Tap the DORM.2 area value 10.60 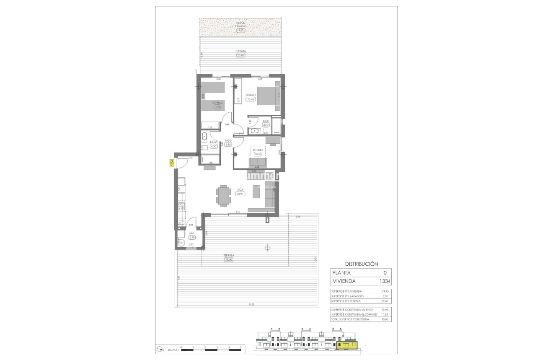(217, 107)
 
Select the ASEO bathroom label (266, 120)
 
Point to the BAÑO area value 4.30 (214, 146)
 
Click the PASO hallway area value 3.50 (228, 145)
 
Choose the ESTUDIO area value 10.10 (258, 154)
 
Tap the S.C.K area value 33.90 (240, 194)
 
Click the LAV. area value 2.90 (192, 237)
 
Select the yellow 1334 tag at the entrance (171, 163)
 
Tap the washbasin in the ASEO (254, 131)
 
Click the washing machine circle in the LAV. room (181, 242)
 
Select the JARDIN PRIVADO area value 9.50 (240, 31)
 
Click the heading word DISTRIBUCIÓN (361, 264)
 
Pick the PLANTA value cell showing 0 (385, 273)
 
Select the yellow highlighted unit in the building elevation (346, 345)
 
